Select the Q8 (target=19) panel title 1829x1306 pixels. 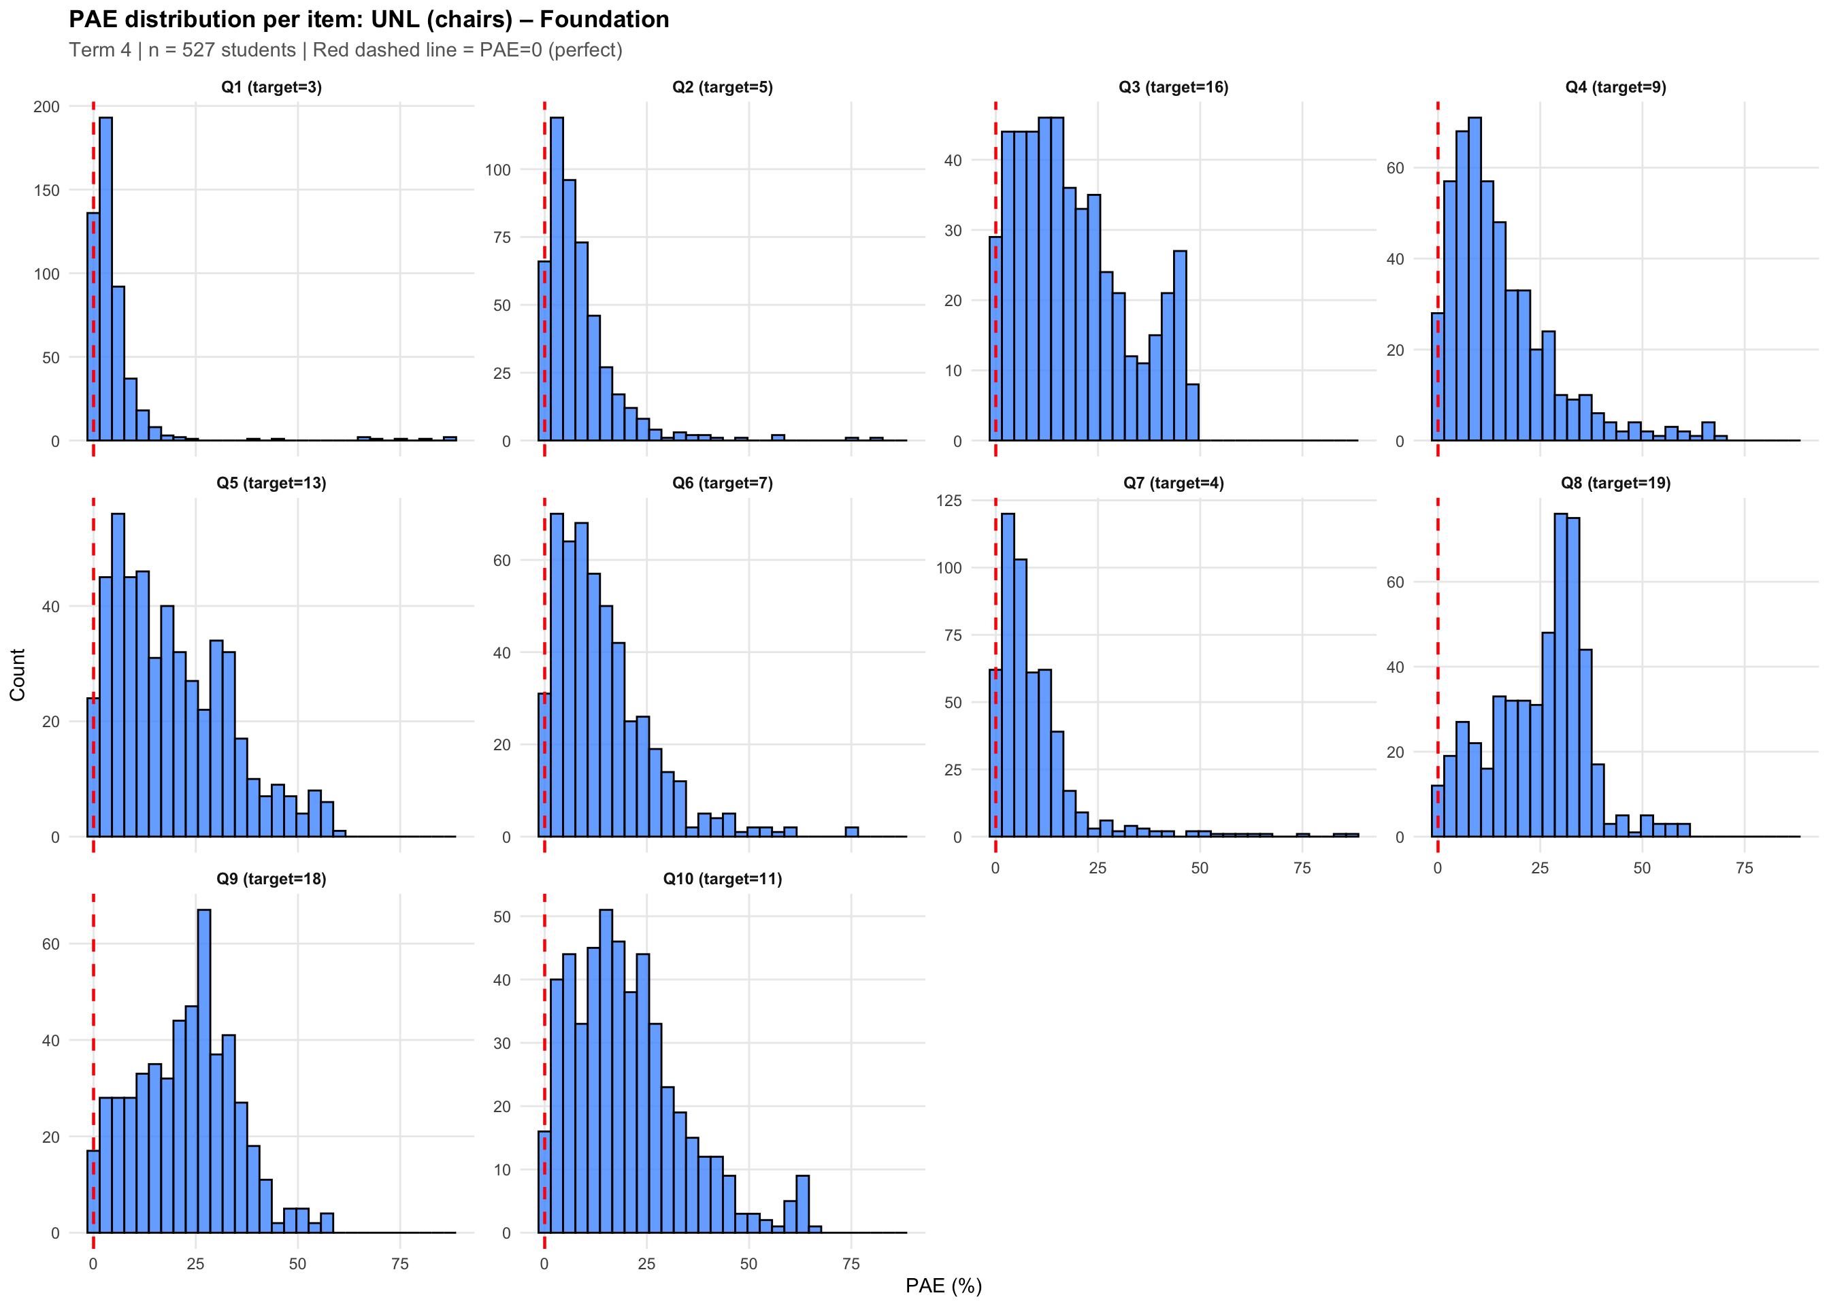click(x=1615, y=482)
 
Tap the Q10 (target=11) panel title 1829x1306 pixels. click(x=722, y=878)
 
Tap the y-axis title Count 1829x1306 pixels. click(x=18, y=674)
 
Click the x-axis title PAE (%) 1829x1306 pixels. click(x=944, y=1285)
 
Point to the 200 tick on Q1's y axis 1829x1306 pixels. click(x=47, y=106)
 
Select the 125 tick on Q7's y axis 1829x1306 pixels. click(x=949, y=500)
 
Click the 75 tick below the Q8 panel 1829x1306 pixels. click(x=1744, y=868)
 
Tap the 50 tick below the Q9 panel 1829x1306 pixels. click(x=297, y=1263)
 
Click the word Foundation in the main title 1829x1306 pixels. click(x=604, y=19)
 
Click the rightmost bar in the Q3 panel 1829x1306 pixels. click(x=1192, y=412)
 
